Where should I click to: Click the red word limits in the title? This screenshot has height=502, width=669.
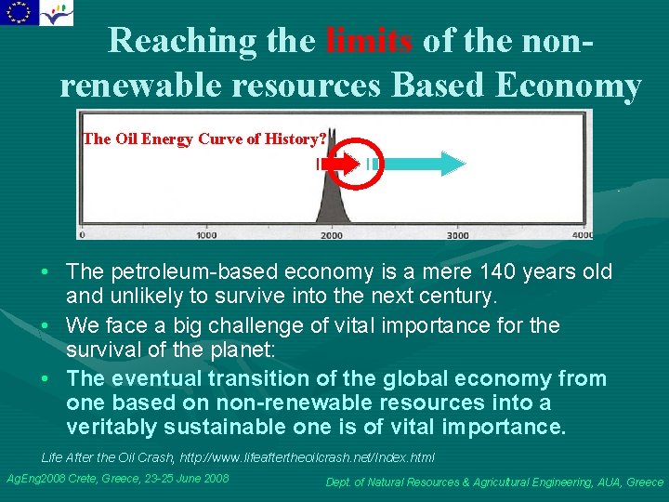tap(371, 41)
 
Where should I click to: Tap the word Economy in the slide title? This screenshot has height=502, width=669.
tap(569, 86)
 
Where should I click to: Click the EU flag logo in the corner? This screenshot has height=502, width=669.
tap(19, 12)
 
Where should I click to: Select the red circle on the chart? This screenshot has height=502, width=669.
tap(354, 164)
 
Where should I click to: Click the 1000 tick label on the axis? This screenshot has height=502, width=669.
tap(206, 235)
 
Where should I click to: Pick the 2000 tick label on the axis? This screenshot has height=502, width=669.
tap(332, 235)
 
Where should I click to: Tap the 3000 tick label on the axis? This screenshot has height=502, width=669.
tap(457, 235)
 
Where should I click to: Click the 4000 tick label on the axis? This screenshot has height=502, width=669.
tap(582, 235)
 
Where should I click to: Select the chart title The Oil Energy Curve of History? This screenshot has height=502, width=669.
tap(204, 139)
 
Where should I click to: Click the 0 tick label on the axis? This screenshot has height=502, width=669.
tap(84, 235)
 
